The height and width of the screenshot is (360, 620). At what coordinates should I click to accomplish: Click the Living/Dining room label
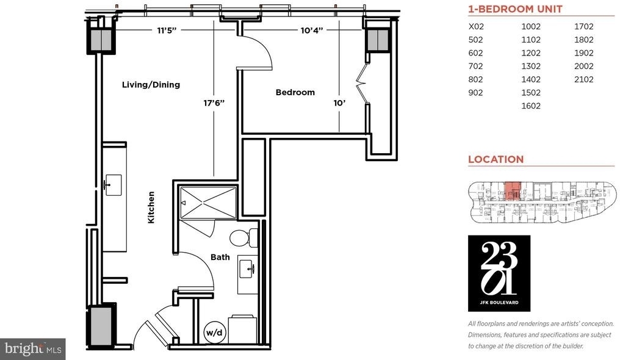click(x=151, y=85)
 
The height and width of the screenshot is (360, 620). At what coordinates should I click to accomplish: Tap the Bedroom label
click(x=295, y=93)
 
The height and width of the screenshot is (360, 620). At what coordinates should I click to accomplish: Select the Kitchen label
click(x=151, y=207)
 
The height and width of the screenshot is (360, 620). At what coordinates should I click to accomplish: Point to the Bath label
click(x=220, y=257)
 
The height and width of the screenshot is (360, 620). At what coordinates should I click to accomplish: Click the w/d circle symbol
click(x=215, y=333)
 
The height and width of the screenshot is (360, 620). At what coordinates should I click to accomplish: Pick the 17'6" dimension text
click(x=214, y=103)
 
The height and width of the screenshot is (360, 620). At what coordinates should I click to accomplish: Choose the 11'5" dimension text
click(x=167, y=31)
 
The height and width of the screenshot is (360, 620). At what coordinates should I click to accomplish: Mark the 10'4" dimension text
click(x=312, y=31)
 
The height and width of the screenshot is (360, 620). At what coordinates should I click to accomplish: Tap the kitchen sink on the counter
click(x=114, y=185)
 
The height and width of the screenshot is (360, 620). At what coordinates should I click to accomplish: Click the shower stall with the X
click(x=208, y=203)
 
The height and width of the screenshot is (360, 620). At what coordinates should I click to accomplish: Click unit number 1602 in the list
click(x=531, y=106)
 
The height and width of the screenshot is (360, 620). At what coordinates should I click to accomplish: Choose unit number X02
click(x=476, y=26)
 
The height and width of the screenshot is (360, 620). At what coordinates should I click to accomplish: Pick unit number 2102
click(x=583, y=79)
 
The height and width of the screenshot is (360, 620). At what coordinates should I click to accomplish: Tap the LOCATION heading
click(x=496, y=159)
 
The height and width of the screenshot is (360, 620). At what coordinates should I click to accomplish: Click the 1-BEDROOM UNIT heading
click(x=515, y=9)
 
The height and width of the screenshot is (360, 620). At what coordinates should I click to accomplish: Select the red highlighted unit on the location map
click(x=513, y=191)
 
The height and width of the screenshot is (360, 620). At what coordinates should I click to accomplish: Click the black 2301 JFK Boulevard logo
click(x=499, y=273)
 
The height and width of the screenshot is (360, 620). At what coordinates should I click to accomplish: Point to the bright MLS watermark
click(x=33, y=349)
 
